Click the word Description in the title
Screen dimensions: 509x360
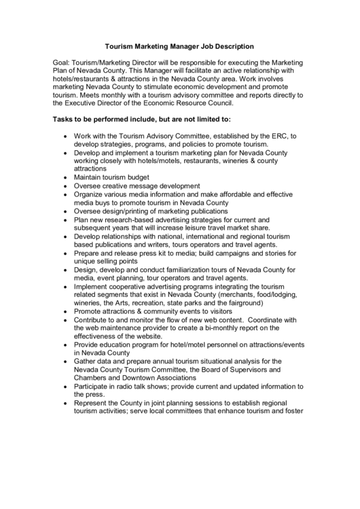(230, 47)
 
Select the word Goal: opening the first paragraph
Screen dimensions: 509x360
(63, 62)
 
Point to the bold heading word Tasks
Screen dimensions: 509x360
(65, 119)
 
